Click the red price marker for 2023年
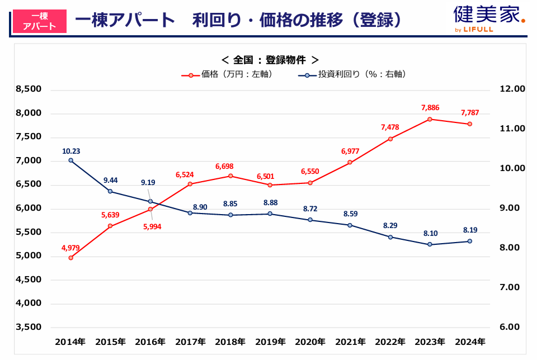point(430,119)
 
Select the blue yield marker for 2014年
point(70,160)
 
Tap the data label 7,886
point(430,107)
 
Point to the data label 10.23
point(70,150)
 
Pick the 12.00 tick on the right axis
point(512,89)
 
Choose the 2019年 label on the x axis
point(270,342)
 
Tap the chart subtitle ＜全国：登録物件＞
point(270,60)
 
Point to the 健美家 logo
point(489,17)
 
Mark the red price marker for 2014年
point(70,258)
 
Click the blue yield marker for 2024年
point(470,241)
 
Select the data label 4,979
point(70,247)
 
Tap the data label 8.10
point(430,234)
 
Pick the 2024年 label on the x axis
point(470,342)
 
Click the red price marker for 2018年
point(230,176)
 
